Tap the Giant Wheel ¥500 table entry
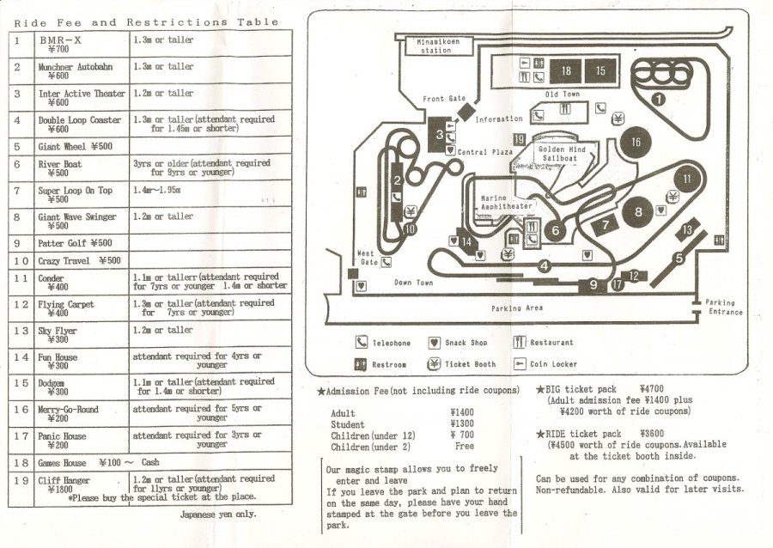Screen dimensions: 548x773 click(x=76, y=147)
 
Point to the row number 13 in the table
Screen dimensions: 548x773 click(x=21, y=331)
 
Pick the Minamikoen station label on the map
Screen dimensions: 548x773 click(x=435, y=46)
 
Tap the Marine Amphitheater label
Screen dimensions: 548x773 click(x=506, y=203)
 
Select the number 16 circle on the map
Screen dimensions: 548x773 click(x=635, y=143)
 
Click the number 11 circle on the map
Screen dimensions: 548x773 click(x=687, y=180)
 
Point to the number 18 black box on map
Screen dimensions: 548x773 click(x=566, y=71)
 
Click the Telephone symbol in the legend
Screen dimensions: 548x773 click(x=362, y=343)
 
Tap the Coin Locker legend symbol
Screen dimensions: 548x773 click(x=519, y=363)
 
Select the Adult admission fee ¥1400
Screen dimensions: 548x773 click(x=461, y=413)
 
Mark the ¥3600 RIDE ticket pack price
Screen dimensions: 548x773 click(x=655, y=434)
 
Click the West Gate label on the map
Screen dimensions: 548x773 click(x=366, y=258)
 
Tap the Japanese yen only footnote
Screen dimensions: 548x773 click(x=218, y=515)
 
